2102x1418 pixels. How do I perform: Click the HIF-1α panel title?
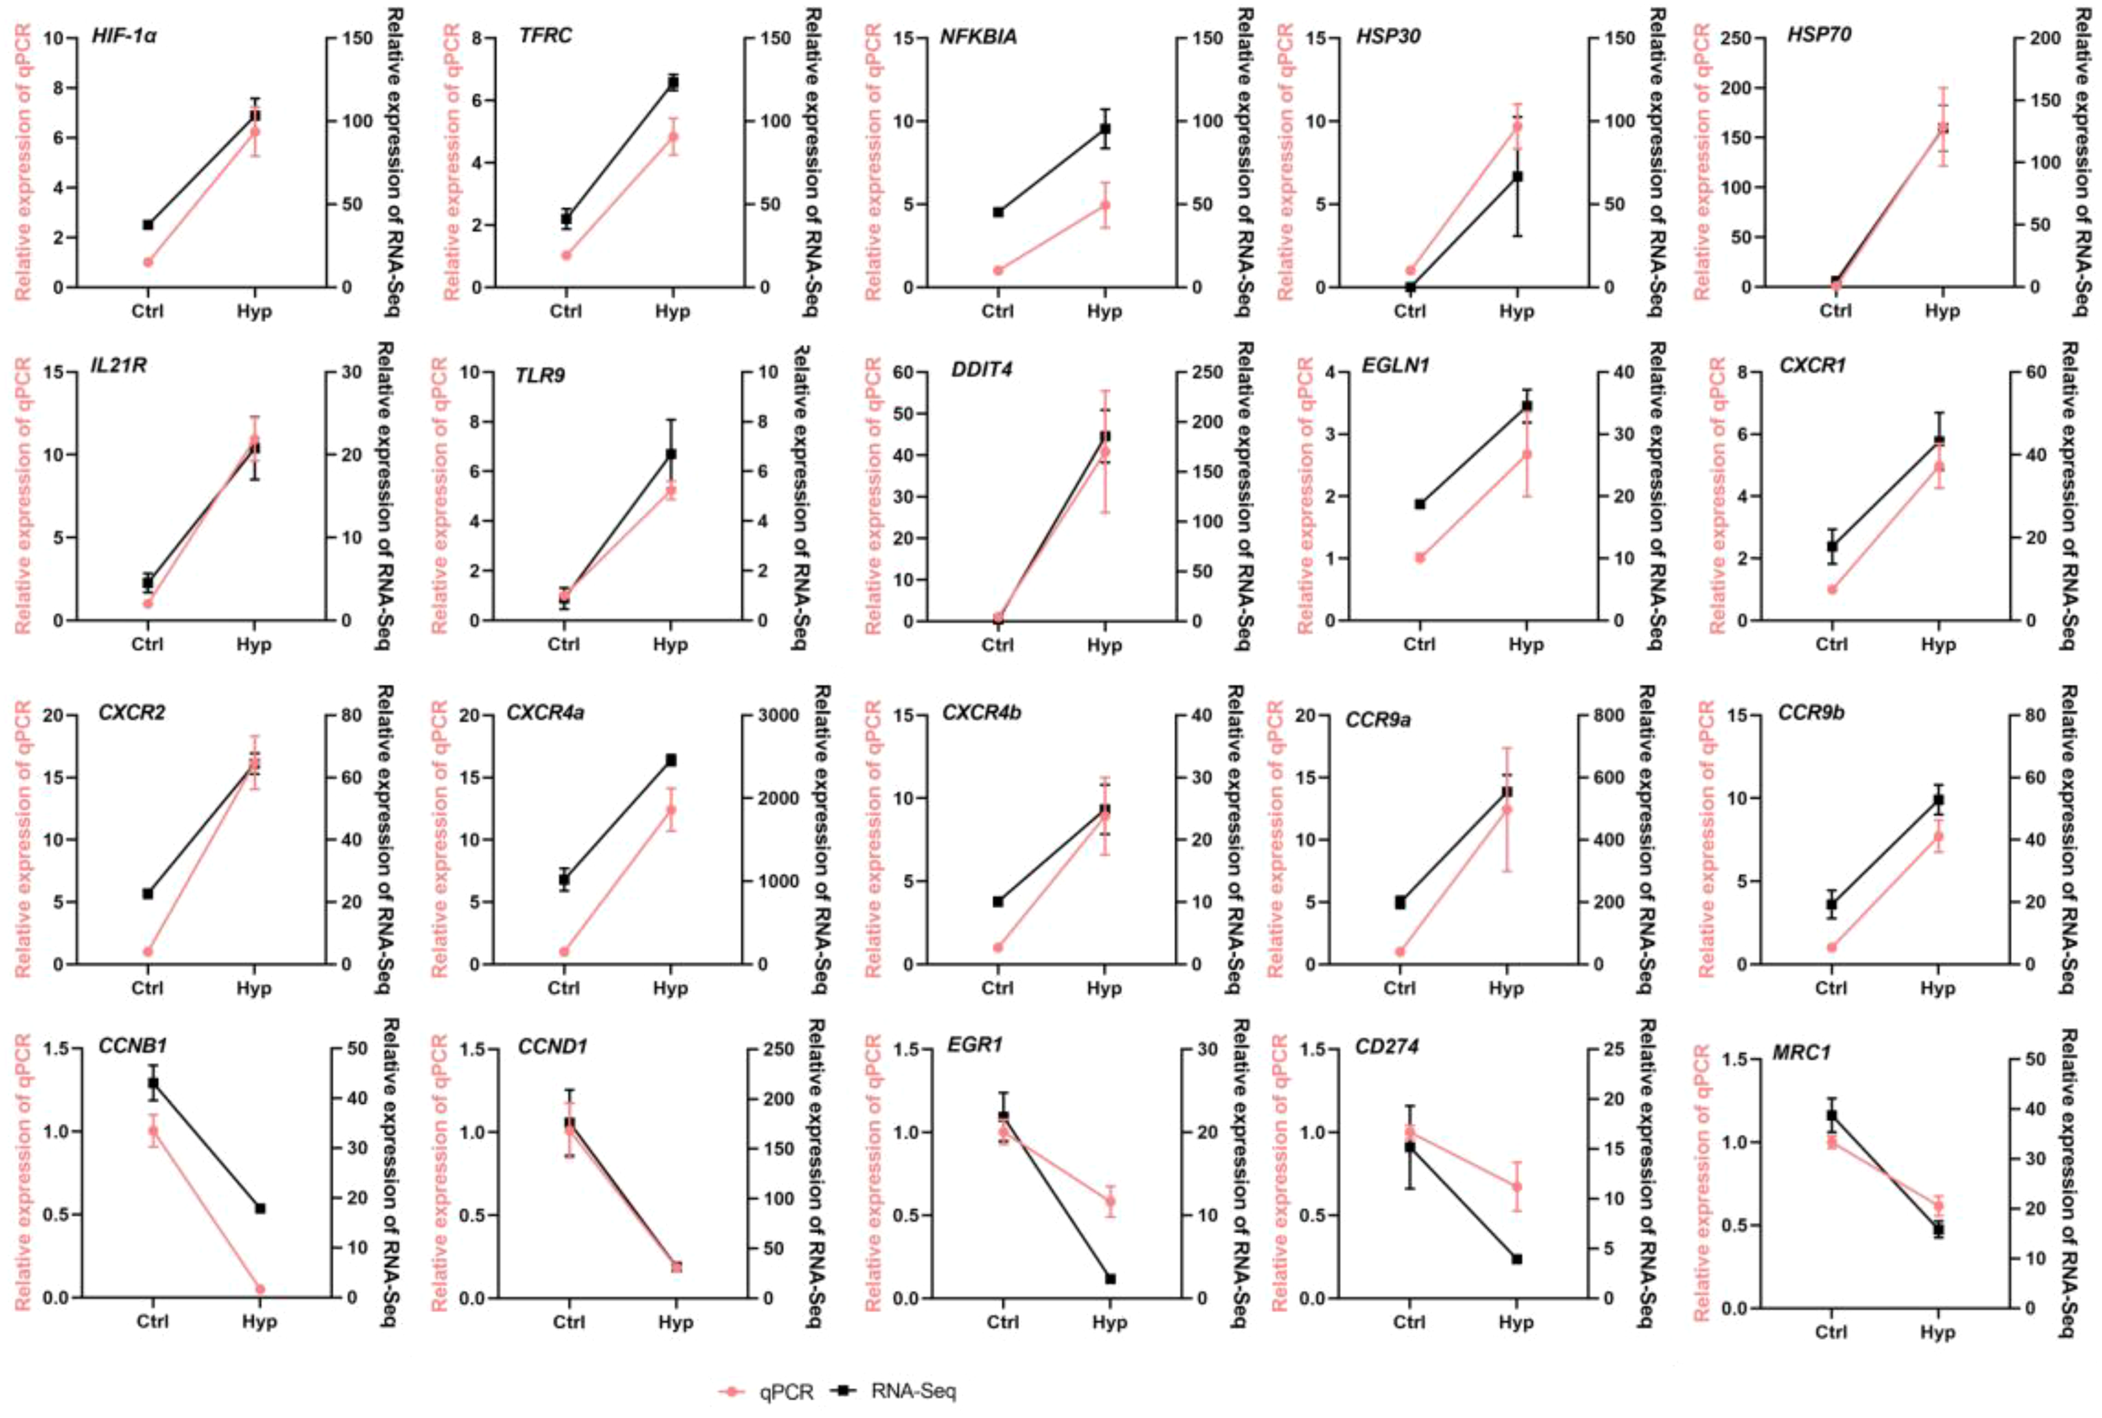coord(124,37)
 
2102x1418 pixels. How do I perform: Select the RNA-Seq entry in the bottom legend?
coord(912,1392)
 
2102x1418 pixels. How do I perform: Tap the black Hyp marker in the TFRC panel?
coord(672,83)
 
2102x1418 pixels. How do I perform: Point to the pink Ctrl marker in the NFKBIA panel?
coord(998,271)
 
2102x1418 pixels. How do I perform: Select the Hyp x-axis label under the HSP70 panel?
coord(1941,311)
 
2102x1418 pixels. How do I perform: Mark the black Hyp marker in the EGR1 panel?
coord(1110,1278)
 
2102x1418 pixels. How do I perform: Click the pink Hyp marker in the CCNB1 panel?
coord(260,1289)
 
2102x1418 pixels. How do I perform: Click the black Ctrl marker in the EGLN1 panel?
coord(1419,503)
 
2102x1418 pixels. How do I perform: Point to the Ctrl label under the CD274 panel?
coord(1409,1322)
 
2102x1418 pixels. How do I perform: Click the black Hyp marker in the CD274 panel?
coord(1517,1259)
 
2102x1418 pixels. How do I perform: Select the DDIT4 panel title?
coord(981,370)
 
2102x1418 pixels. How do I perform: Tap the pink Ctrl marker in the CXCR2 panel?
coord(147,951)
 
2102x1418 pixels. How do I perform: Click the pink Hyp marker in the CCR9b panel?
coord(1937,836)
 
